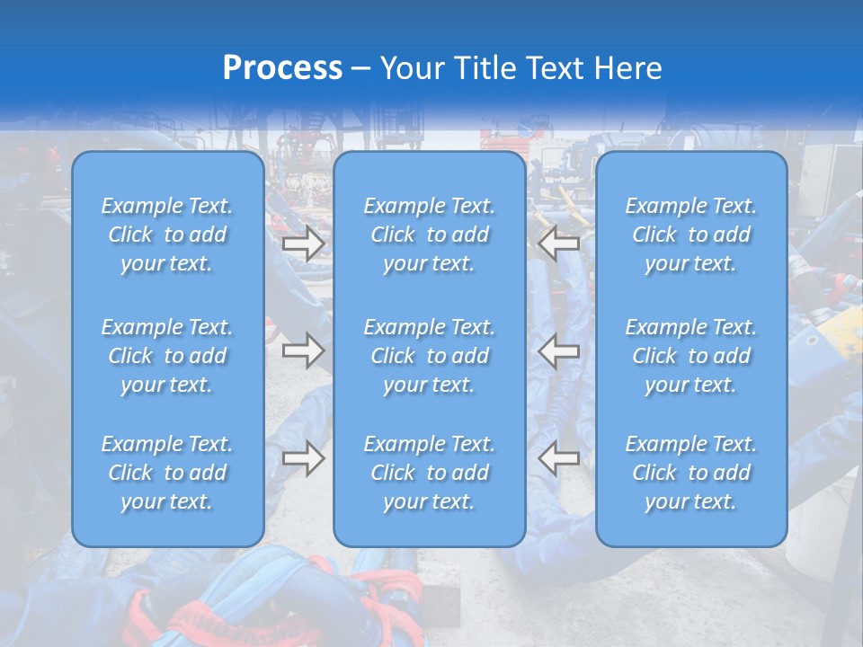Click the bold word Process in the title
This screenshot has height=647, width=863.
click(x=282, y=68)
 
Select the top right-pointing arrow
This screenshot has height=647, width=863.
click(x=303, y=244)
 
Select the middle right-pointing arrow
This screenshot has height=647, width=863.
click(x=303, y=350)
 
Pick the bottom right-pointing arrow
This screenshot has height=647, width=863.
click(x=303, y=458)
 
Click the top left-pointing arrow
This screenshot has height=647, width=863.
click(x=559, y=244)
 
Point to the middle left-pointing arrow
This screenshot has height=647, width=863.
click(x=559, y=350)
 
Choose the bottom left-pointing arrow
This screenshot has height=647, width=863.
click(x=559, y=458)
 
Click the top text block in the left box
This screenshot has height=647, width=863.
click(x=167, y=235)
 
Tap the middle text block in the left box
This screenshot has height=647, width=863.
click(x=167, y=356)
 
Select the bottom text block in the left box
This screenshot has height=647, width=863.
click(x=167, y=473)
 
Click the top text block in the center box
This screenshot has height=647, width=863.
click(x=430, y=235)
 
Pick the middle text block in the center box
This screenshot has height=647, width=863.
click(x=430, y=356)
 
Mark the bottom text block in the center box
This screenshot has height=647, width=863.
click(x=430, y=473)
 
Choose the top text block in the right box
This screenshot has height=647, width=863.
click(x=691, y=235)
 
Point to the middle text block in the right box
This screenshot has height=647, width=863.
click(x=691, y=356)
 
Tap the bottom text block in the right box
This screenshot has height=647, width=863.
click(x=691, y=473)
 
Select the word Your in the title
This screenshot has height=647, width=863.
click(x=410, y=68)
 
